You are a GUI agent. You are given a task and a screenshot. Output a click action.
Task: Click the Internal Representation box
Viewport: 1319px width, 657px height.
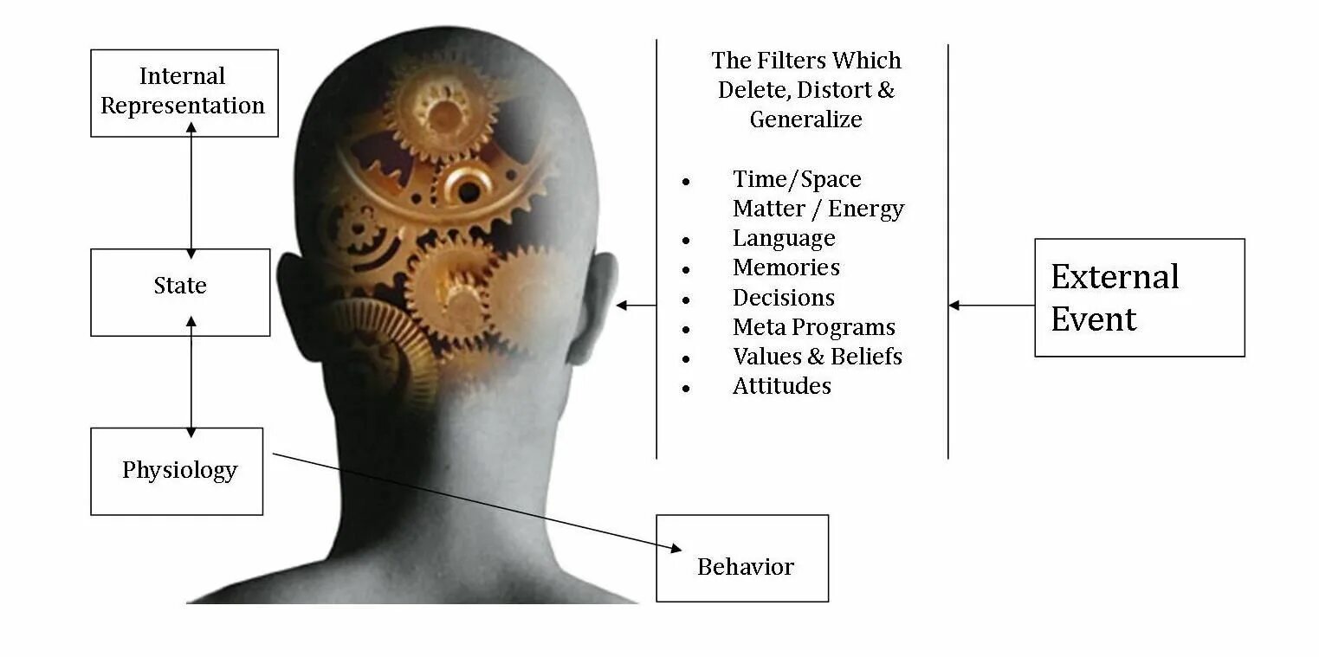pos(184,92)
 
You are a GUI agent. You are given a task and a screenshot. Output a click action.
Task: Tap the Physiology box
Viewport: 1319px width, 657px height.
pos(177,471)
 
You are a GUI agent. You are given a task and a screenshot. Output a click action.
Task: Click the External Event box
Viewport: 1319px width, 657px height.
pos(1139,298)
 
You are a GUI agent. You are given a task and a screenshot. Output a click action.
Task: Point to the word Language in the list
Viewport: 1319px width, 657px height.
pos(784,238)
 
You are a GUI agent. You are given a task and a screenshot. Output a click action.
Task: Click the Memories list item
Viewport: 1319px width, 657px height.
pos(786,267)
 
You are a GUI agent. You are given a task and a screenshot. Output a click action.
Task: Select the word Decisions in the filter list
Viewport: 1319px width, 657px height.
pos(784,298)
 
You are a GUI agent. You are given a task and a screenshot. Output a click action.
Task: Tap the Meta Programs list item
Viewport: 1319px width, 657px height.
pos(813,327)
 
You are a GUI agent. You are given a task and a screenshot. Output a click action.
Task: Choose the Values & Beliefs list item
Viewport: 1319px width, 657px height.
pos(817,357)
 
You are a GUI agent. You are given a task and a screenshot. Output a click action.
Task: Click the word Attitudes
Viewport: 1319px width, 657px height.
pos(781,386)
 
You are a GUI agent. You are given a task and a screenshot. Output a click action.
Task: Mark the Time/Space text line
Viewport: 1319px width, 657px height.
pos(797,179)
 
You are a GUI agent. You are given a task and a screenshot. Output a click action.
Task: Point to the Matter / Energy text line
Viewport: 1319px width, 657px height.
pos(818,209)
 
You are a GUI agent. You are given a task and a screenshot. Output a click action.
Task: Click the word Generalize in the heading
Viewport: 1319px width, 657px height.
pos(805,119)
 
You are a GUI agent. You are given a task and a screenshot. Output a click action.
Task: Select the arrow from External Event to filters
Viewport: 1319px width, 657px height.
pos(992,305)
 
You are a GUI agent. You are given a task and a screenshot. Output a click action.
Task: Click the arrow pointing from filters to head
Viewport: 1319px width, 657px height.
pos(636,305)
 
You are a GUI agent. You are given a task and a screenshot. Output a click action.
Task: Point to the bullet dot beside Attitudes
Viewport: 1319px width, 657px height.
pos(686,389)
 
